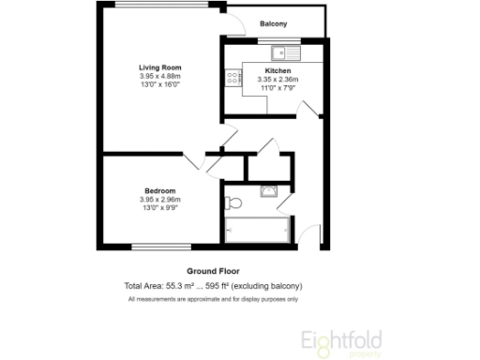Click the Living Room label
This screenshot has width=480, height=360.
coord(159,67)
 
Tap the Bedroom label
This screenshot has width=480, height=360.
coord(159,191)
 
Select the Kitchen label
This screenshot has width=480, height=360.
coord(277,71)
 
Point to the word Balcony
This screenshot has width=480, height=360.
coord(273,23)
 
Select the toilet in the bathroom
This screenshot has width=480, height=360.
coord(234,202)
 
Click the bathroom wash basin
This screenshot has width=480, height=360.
coord(269,190)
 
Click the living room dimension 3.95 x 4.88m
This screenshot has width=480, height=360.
coord(159,76)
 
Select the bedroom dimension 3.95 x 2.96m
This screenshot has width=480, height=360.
coord(159,200)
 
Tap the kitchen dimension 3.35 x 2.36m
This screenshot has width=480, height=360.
coord(277,80)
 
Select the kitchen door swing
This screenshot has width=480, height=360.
coord(303,105)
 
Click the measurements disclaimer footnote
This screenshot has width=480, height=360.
coord(213,299)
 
